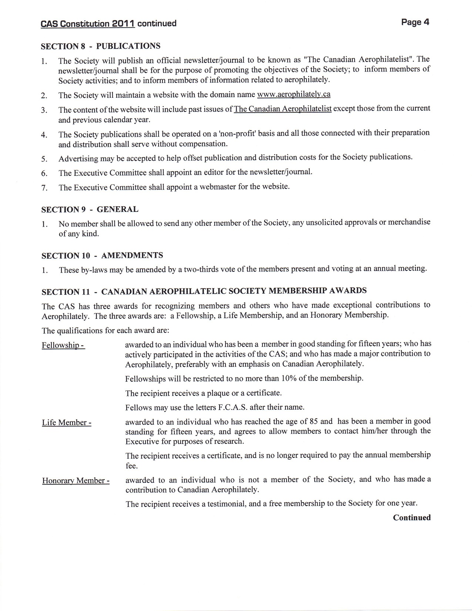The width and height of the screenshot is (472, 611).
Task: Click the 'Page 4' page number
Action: [415, 22]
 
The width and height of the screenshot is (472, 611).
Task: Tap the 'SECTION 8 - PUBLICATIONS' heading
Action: [101, 46]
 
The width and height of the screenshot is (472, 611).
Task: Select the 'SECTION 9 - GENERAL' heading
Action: [90, 210]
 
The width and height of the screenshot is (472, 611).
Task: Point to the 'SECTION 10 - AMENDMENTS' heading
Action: [102, 256]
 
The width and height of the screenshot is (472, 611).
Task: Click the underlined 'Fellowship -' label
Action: [63, 345]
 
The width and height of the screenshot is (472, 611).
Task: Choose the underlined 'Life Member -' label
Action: [67, 423]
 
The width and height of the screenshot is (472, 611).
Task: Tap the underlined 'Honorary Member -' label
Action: [76, 481]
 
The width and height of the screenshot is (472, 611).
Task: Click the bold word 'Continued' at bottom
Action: [412, 518]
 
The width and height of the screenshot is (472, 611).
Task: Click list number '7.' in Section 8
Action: [44, 188]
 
